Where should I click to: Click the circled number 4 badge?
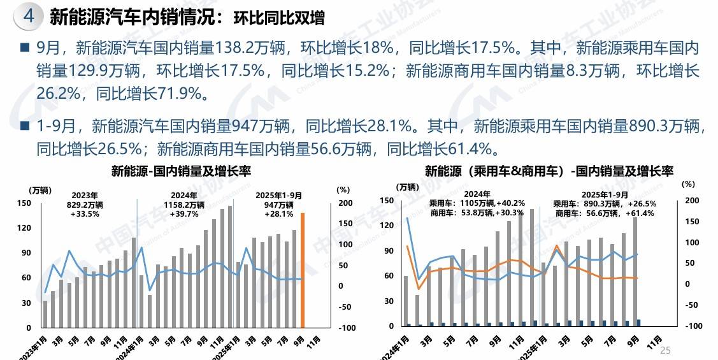tap(29, 17)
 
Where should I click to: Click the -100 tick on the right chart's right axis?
tap(692, 326)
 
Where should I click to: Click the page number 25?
tap(666, 350)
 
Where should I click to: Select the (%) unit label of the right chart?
tap(688, 184)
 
